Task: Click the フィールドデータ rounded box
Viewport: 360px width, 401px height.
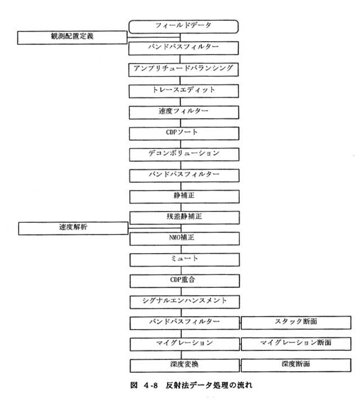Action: (183, 26)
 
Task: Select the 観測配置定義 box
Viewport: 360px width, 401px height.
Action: (72, 38)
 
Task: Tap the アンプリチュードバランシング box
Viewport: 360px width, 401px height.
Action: (183, 69)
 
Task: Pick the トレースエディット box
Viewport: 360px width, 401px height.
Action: (184, 91)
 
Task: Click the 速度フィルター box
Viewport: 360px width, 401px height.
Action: (184, 112)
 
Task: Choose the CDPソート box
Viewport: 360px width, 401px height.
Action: (184, 133)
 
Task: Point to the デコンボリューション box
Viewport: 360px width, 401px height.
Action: (184, 155)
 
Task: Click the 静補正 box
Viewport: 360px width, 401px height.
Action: (184, 196)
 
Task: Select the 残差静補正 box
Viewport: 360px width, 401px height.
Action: (184, 218)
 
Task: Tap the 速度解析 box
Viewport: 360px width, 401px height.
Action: (73, 228)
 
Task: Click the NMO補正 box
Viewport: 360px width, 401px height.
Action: (184, 238)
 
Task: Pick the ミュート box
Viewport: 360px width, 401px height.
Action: (184, 260)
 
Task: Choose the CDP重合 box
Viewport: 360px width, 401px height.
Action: (184, 281)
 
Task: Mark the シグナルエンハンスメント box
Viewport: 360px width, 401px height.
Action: (184, 302)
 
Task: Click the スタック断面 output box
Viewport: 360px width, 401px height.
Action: (296, 323)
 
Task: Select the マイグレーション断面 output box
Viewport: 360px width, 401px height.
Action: (296, 344)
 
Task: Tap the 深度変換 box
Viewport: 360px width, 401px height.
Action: (184, 366)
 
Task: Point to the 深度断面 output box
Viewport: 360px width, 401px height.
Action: (296, 365)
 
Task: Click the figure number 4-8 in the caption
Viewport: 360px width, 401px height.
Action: (150, 385)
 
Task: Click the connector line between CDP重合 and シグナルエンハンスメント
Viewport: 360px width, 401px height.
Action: (182, 291)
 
